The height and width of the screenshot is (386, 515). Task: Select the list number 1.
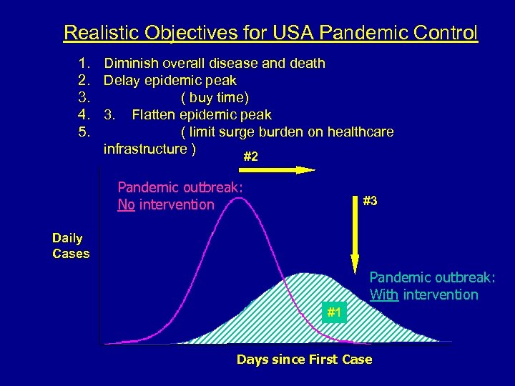[x=84, y=64]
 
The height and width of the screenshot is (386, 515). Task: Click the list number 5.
[x=84, y=132]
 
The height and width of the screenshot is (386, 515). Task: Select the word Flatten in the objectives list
[x=154, y=115]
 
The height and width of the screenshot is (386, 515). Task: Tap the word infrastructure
[x=146, y=149]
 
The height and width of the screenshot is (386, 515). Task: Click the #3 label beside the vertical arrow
[x=370, y=202]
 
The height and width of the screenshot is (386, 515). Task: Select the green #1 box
[x=334, y=312]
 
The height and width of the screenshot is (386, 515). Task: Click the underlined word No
[x=126, y=205]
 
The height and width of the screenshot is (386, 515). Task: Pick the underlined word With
[x=384, y=295]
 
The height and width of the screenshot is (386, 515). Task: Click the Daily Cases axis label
[x=71, y=246]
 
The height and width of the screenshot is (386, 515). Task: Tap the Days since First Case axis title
[x=304, y=360]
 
